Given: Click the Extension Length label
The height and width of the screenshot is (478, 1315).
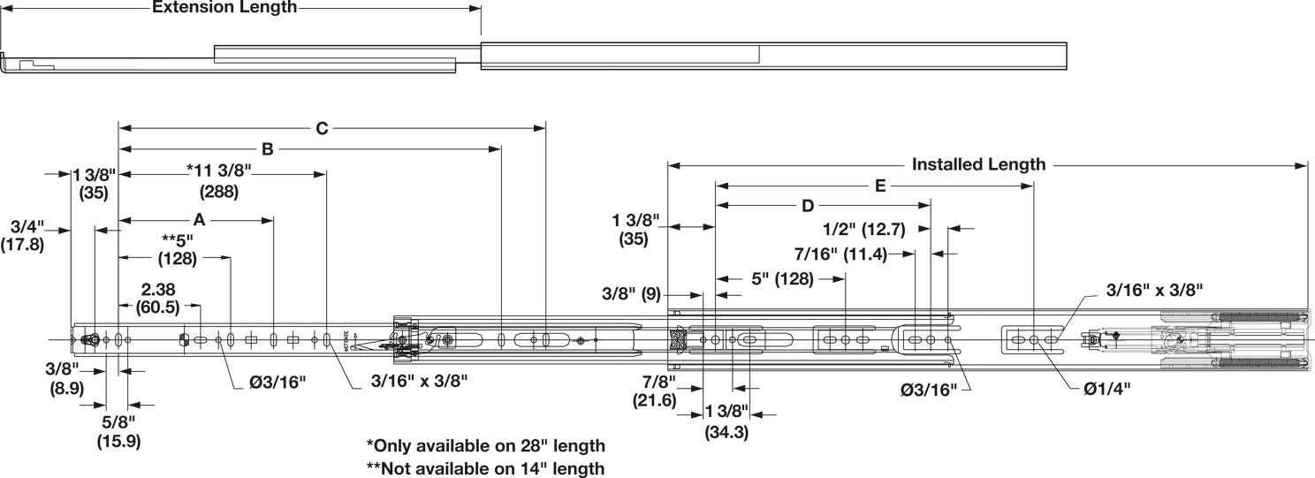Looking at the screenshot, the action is tap(224, 7).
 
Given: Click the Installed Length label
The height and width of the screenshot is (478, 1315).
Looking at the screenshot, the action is tap(978, 164).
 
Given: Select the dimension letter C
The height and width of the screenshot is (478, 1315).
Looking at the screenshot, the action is tap(322, 128).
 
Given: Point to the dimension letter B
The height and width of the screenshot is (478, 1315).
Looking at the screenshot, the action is tap(267, 149).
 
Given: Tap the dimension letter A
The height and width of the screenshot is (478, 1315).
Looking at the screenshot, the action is tap(199, 220).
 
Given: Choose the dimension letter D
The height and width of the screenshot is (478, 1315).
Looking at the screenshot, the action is tap(808, 206).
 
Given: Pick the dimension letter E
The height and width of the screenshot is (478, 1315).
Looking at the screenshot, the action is tap(880, 186).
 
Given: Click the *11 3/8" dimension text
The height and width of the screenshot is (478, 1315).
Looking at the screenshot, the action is tap(219, 171).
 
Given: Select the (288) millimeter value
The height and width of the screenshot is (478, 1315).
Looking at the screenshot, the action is tap(219, 192).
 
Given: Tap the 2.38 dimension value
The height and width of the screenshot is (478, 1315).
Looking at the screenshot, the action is tap(158, 289).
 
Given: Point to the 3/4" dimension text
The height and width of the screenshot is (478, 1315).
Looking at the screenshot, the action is tap(27, 226).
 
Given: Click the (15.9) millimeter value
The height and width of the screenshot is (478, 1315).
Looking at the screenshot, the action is tap(118, 441).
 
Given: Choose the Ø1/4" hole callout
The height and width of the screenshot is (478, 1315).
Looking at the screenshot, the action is tap(1106, 389).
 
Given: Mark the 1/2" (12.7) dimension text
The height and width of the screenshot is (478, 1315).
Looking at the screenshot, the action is tap(864, 229).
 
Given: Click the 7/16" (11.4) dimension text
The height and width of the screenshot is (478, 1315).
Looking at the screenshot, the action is tap(840, 254).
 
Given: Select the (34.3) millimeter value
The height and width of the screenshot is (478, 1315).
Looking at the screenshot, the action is tap(726, 433).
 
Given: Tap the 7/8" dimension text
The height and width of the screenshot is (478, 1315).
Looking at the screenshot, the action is tap(658, 382).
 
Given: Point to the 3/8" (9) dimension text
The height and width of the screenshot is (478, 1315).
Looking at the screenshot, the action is tap(632, 293).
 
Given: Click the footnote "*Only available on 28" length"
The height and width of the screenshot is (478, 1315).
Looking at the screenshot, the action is tap(485, 445).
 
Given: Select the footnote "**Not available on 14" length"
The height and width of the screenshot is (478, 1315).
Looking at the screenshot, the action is tap(485, 468).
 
